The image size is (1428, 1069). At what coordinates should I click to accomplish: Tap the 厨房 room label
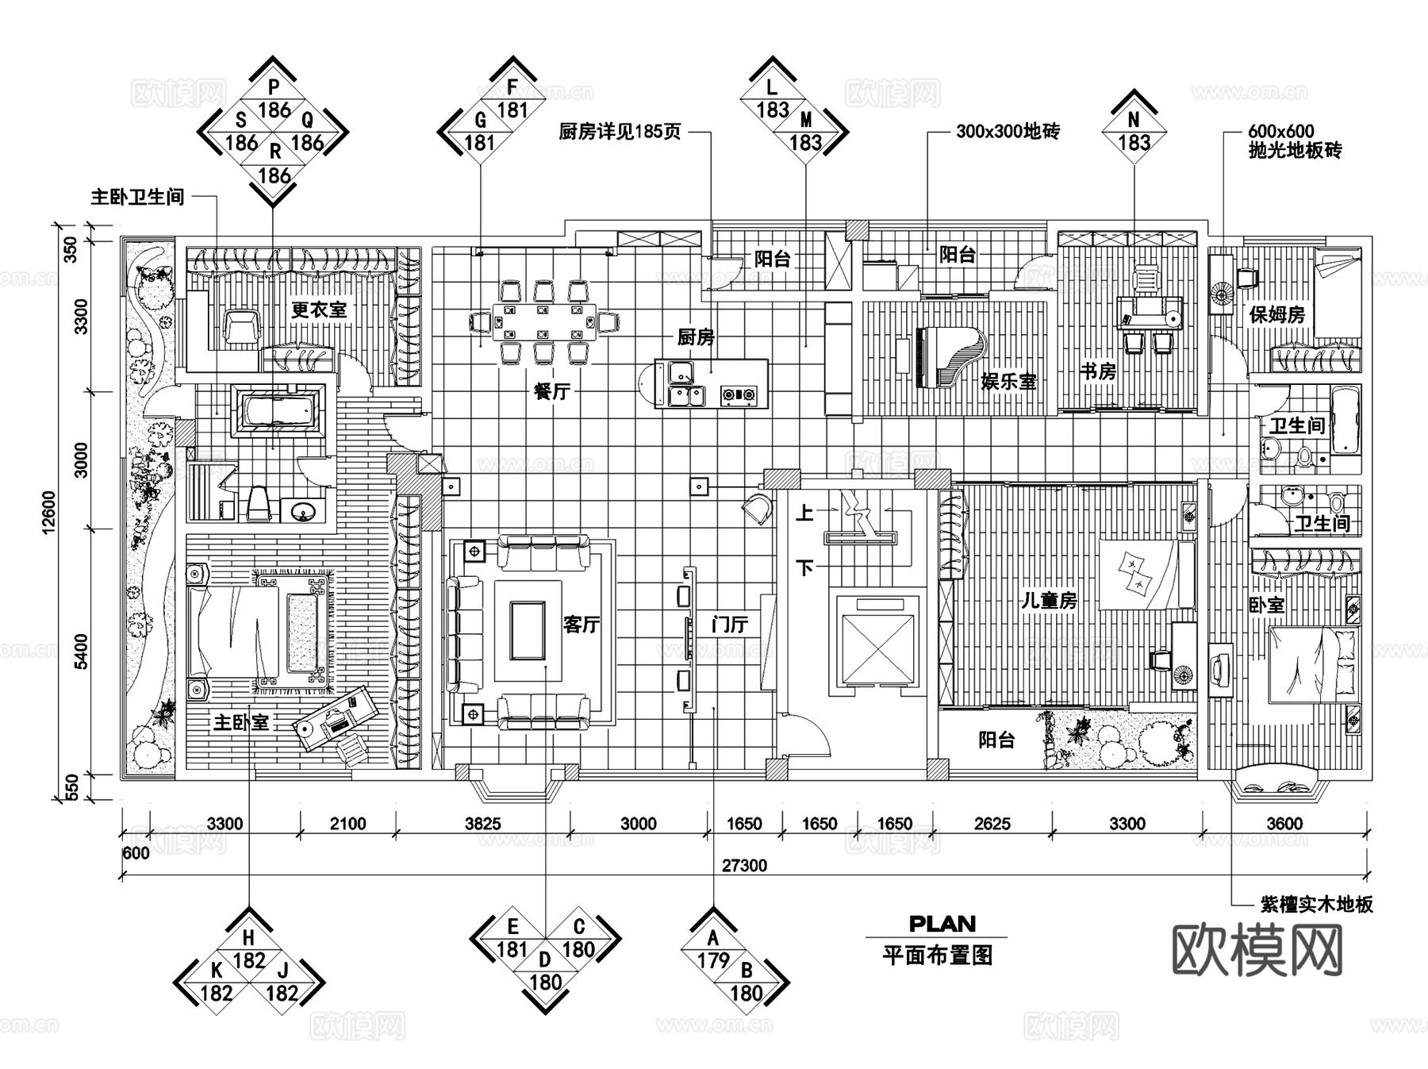point(696,337)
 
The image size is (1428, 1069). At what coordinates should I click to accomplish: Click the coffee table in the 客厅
point(527,631)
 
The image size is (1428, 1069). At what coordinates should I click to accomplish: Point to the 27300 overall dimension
point(744,865)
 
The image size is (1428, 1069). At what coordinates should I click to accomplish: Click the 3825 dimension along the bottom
point(482,824)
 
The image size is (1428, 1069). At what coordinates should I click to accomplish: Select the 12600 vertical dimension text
point(49,512)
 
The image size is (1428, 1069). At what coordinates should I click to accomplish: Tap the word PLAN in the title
point(942,924)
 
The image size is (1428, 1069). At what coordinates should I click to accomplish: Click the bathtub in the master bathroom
point(277,411)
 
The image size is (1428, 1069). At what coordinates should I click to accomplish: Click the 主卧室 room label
point(241,722)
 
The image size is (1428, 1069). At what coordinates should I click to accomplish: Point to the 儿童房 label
point(1049,601)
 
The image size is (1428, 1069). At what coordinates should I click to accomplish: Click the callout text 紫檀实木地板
point(1316,904)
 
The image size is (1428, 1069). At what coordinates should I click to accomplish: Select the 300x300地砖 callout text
point(1007,132)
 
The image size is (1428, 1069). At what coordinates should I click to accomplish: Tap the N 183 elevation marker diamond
point(1134,132)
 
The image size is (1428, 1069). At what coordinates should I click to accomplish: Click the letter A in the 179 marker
point(713,939)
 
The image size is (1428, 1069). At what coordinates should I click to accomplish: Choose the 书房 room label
point(1098,371)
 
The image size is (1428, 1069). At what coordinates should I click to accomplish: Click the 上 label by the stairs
point(804,513)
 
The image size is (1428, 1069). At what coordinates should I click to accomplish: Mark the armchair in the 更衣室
point(241,326)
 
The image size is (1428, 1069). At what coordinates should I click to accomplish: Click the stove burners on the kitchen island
point(739,393)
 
